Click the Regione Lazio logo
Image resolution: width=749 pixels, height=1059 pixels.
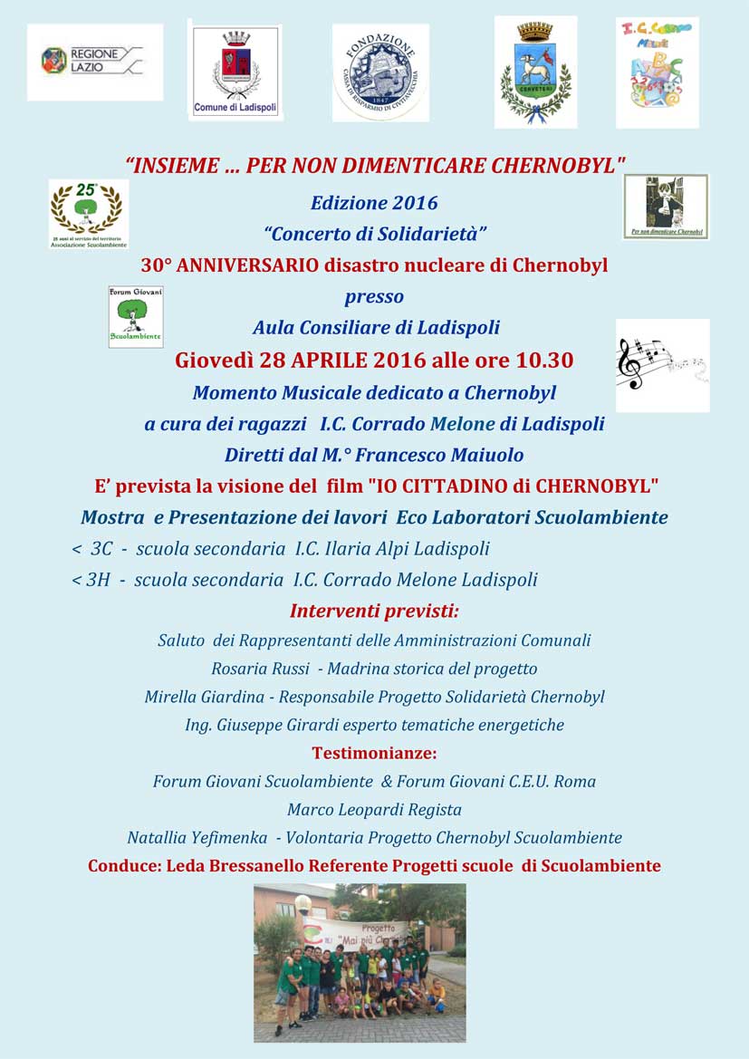point(94,62)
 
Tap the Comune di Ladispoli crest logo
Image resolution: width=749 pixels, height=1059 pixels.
point(235,71)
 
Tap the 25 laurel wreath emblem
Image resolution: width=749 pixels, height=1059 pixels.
point(88,214)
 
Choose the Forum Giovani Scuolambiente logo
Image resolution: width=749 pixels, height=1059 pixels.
point(136,317)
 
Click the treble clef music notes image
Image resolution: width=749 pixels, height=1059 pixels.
point(662,365)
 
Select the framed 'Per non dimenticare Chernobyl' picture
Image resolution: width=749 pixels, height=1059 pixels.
point(666,207)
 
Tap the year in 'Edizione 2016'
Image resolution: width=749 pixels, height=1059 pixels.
point(417,203)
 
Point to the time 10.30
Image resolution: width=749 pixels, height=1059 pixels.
point(544,360)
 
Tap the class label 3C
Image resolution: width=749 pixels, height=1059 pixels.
point(101,549)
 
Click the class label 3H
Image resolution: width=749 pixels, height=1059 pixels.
point(98,580)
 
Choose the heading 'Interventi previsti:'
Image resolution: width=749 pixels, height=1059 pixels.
point(374,611)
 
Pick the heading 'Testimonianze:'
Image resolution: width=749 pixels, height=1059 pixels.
point(374,753)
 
